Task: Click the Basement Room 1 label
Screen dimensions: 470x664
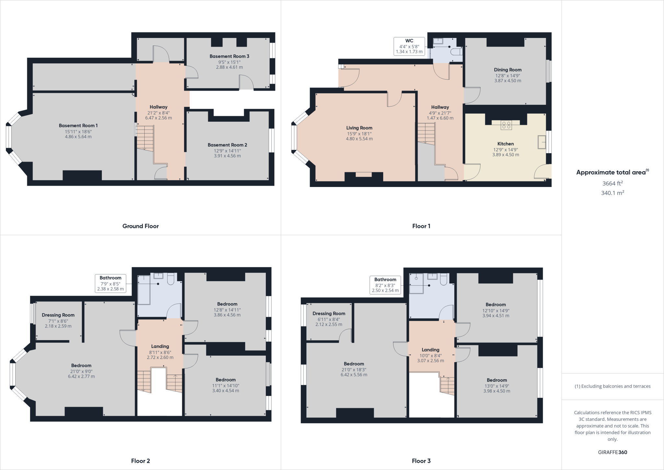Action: coord(78,126)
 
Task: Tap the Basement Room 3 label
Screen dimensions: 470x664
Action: coord(229,56)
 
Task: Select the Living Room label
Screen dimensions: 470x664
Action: coord(359,128)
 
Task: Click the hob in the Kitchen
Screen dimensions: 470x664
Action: coord(506,125)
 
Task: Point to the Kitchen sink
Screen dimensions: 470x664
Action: coord(542,142)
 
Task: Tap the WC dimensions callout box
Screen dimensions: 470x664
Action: coord(409,46)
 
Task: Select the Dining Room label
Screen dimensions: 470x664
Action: coord(508,70)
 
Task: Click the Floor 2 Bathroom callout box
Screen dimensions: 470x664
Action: coord(110,283)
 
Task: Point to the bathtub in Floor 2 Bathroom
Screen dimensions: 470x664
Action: coord(144,290)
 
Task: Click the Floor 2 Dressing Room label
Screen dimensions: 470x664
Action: coord(58,315)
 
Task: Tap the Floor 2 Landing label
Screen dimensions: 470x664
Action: coord(160,346)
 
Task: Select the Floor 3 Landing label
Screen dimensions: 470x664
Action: coord(430,350)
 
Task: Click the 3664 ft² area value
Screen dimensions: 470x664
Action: coord(612,183)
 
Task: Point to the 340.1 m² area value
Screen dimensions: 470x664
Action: coord(612,193)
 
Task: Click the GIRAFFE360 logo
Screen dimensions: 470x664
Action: coord(612,452)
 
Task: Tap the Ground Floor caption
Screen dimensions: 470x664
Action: coord(140,226)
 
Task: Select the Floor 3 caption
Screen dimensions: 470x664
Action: coord(421,461)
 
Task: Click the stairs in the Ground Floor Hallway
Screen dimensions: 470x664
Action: coord(145,138)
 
